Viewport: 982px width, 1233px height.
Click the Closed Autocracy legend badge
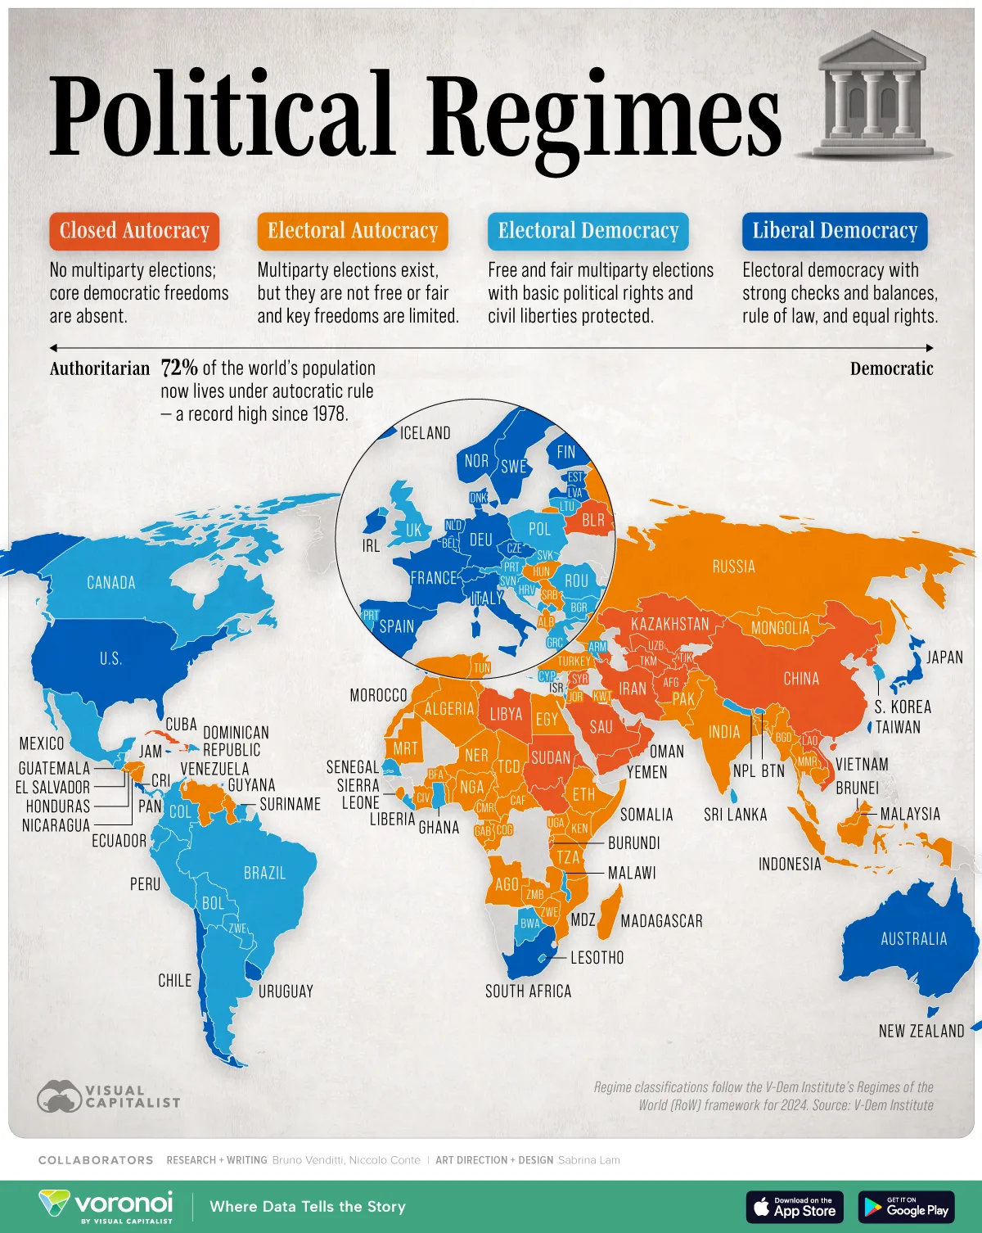[x=134, y=231]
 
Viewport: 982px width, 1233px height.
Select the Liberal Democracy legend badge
[x=835, y=231]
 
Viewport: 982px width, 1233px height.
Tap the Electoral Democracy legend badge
[x=588, y=231]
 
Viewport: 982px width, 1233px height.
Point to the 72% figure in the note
[x=179, y=368]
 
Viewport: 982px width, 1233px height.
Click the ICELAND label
[x=425, y=433]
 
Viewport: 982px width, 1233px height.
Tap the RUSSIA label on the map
[x=733, y=567]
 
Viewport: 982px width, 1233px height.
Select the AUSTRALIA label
[x=913, y=939]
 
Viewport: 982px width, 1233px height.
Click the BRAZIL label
[x=264, y=874]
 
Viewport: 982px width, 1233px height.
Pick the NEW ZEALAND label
[x=921, y=1032]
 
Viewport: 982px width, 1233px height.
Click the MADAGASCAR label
[x=661, y=921]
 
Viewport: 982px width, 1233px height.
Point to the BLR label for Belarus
[x=593, y=520]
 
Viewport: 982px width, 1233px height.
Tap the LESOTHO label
[x=597, y=958]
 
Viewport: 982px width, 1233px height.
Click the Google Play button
[x=906, y=1208]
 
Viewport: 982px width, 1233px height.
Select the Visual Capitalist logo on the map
[x=108, y=1096]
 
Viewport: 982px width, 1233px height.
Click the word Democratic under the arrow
[x=891, y=368]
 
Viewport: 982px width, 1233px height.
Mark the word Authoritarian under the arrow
[x=100, y=368]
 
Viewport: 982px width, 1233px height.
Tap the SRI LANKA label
[x=736, y=815]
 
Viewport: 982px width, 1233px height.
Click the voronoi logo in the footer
[x=106, y=1206]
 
